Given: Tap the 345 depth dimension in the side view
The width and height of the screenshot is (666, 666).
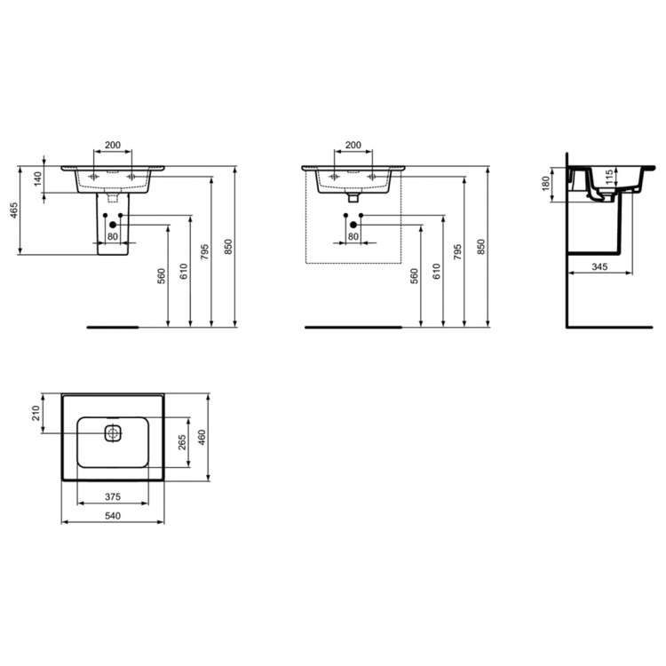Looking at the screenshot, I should tap(599, 266).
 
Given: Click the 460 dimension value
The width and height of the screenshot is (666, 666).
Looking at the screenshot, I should tap(202, 438).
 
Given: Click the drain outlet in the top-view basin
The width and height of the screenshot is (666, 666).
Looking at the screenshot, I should tap(112, 433).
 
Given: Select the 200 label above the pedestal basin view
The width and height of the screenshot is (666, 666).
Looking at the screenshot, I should tap(113, 145).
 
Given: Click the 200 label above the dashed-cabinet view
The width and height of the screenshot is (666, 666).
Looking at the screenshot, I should tap(353, 145).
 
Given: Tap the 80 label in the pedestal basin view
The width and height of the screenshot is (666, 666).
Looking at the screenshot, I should tap(113, 236).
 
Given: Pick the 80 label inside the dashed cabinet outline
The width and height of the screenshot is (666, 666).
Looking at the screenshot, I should tap(353, 236).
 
